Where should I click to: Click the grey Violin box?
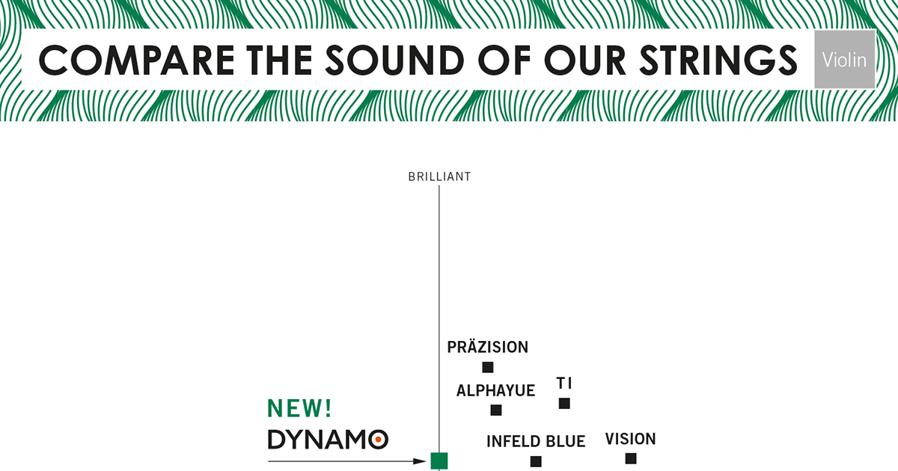click(x=845, y=59)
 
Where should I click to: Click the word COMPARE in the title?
click(x=136, y=61)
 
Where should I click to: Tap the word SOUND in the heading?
click(x=394, y=61)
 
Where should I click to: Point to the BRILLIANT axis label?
click(x=439, y=176)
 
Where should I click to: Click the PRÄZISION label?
click(x=487, y=347)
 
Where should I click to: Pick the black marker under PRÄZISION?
click(x=487, y=367)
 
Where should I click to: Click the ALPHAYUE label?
click(x=495, y=390)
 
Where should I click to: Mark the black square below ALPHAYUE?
click(x=496, y=410)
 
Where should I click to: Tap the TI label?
click(x=564, y=384)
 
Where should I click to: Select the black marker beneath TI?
click(x=564, y=403)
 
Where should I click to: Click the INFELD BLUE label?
click(x=536, y=441)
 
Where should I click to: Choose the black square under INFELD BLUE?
click(x=536, y=461)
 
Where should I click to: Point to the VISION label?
click(x=630, y=439)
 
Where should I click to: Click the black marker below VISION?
click(x=631, y=458)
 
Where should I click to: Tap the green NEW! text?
click(x=299, y=408)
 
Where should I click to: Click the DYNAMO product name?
click(x=328, y=440)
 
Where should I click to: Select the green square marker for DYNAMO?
click(x=439, y=461)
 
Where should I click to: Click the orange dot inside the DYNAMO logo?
click(x=378, y=440)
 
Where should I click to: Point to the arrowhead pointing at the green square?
click(x=419, y=461)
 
